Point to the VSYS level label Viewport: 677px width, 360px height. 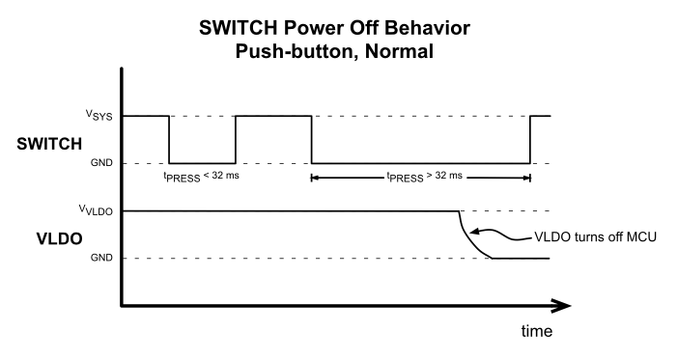click(97, 116)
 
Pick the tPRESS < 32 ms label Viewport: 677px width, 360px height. click(203, 178)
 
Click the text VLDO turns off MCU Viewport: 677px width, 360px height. click(595, 235)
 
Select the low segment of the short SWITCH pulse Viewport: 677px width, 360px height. click(203, 163)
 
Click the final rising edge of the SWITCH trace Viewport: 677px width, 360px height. click(531, 139)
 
